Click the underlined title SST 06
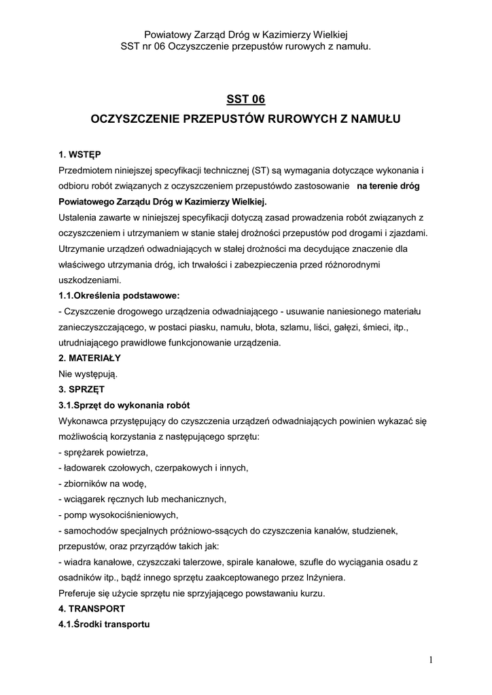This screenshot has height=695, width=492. tap(246, 99)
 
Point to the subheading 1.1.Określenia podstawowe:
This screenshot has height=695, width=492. tap(119, 295)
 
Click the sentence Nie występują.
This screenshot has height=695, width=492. tap(88, 373)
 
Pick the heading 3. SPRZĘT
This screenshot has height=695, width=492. tap(81, 389)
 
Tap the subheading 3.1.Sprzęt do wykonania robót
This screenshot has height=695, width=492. tap(124, 405)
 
